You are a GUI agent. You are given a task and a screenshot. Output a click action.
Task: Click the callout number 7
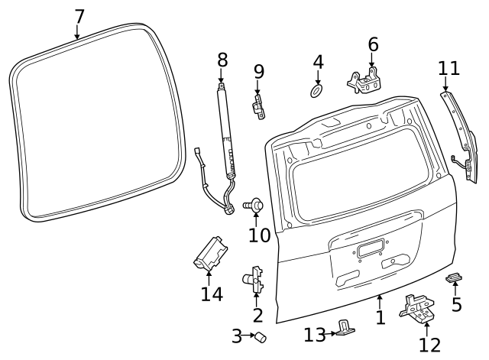(79, 15)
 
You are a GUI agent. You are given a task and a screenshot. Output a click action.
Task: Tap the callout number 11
(449, 68)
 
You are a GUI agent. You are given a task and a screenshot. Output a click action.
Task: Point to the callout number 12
(429, 345)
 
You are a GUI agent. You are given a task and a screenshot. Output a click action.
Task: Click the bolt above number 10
(255, 204)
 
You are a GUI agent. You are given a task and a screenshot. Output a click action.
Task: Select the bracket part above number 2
(256, 279)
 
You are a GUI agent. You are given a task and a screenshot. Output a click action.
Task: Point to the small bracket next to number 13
(347, 329)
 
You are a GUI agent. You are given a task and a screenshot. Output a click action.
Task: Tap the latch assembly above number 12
(417, 307)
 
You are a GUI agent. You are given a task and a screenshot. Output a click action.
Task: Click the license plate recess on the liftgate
(370, 247)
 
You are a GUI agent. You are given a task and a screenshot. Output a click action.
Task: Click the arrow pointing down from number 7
(77, 32)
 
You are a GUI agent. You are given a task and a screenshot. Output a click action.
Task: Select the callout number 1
(381, 317)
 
